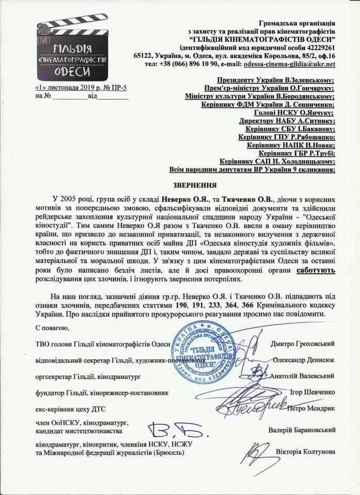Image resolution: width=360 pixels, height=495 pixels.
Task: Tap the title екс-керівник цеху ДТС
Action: click(x=67, y=409)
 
